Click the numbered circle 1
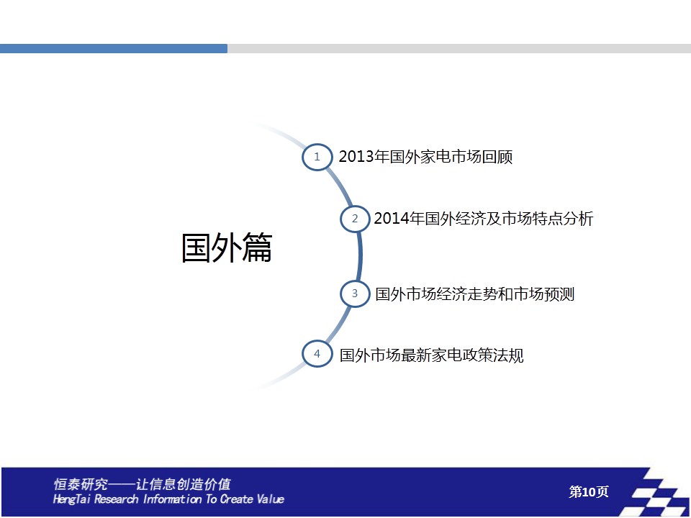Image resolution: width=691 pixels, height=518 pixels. coord(317,157)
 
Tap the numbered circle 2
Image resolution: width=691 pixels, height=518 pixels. coord(355,219)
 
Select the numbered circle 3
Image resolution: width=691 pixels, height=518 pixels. coord(355,294)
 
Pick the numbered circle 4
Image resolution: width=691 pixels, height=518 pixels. coord(317,354)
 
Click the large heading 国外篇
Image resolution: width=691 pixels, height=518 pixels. coord(227,248)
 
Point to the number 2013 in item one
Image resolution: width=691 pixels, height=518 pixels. coord(356,157)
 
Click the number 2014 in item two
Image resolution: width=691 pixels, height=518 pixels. coord(392,219)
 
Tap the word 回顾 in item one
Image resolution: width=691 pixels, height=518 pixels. coord(497,157)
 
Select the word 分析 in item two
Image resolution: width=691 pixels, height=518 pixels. coord(578,219)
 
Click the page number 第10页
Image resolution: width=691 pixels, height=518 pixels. coord(589,491)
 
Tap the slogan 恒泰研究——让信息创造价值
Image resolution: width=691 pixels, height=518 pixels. coord(142,484)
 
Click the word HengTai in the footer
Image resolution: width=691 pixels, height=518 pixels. coord(72,499)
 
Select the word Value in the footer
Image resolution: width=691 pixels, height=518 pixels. coord(270,499)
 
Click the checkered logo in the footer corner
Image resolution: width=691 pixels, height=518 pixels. coord(655,492)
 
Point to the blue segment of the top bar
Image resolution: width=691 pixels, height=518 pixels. coord(114,48)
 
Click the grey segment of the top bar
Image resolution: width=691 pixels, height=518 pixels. coord(459,48)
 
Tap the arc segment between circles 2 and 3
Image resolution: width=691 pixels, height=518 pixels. coord(360,256)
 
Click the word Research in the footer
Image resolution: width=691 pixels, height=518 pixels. coord(116,499)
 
